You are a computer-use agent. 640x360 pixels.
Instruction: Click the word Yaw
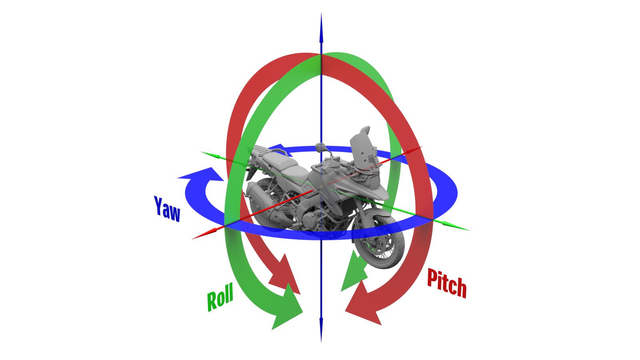167,208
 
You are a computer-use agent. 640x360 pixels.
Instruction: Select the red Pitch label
446,283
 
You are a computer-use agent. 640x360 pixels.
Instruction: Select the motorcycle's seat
280,162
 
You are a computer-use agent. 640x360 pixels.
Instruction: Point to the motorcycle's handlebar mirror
320,146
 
